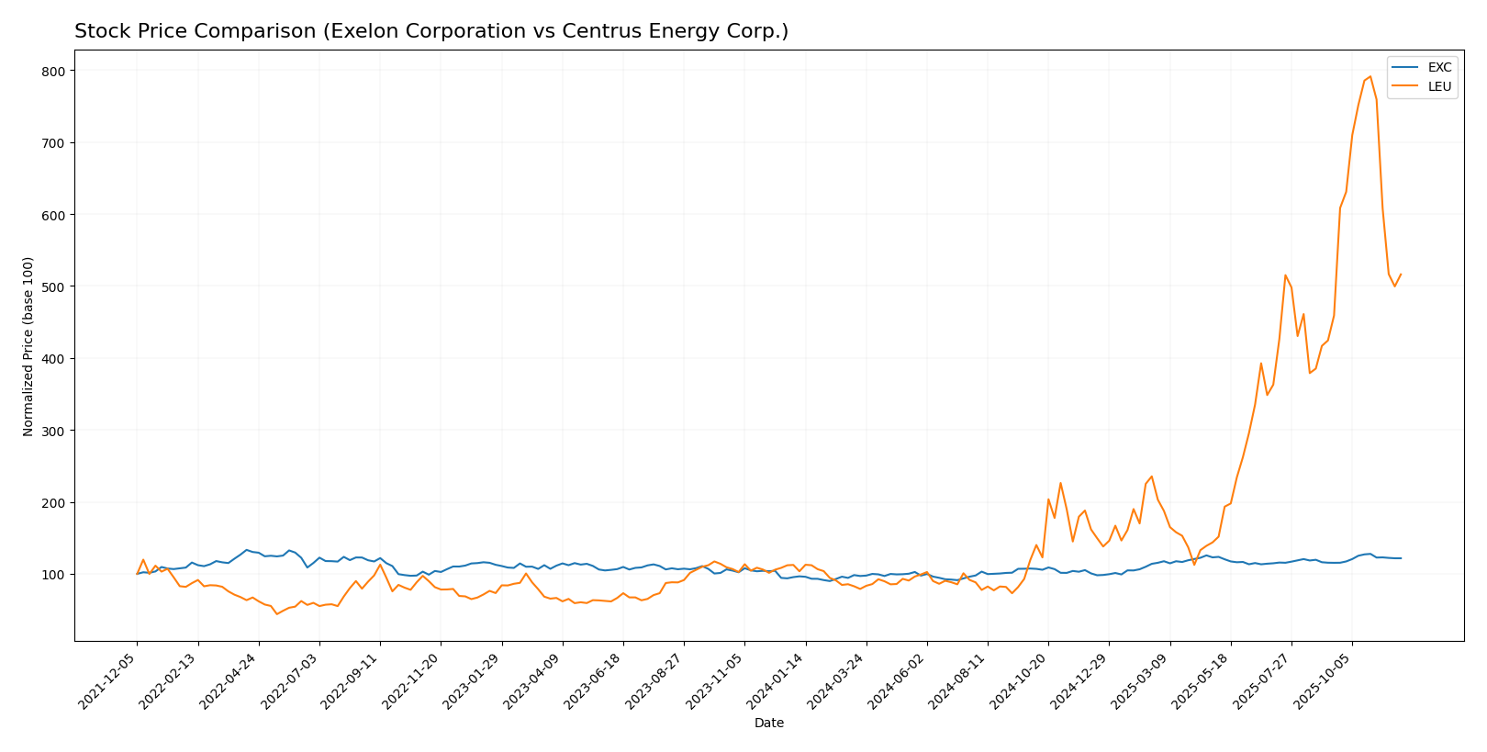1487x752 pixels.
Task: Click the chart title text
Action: tap(430, 31)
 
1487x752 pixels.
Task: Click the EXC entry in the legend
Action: tap(1439, 68)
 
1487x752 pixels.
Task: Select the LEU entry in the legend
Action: tap(1439, 87)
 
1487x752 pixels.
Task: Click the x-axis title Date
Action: tap(768, 724)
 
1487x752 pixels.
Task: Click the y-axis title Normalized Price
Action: tap(28, 346)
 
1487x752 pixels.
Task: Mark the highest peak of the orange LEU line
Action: tap(1370, 77)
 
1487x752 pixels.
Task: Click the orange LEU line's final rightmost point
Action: tap(1401, 274)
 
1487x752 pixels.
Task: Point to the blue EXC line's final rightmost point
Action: tap(1401, 558)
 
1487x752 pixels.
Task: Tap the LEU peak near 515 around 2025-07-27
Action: tap(1285, 275)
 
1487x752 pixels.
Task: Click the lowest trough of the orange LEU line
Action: tap(276, 613)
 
